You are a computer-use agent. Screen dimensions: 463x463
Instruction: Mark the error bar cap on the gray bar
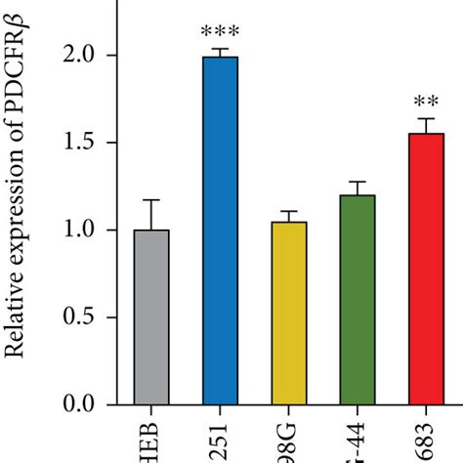pos(151,200)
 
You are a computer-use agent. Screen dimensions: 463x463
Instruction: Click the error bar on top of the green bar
pos(358,183)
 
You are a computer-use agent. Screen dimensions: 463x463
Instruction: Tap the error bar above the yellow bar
pos(290,212)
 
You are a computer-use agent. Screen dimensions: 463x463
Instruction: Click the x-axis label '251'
pos(221,444)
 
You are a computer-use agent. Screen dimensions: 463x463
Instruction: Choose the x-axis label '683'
pos(426,444)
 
